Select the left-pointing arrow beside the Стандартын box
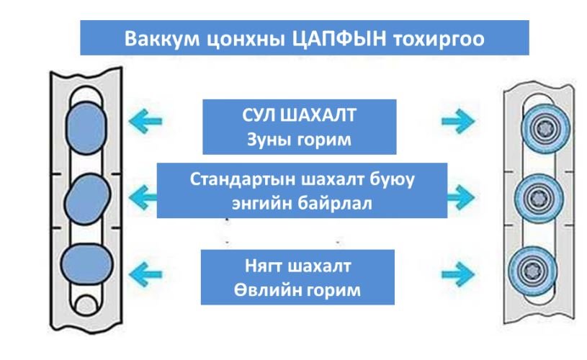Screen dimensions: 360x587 click(144, 194)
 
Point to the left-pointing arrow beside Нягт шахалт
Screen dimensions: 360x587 click(144, 271)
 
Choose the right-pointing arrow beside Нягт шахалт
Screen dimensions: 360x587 click(459, 272)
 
